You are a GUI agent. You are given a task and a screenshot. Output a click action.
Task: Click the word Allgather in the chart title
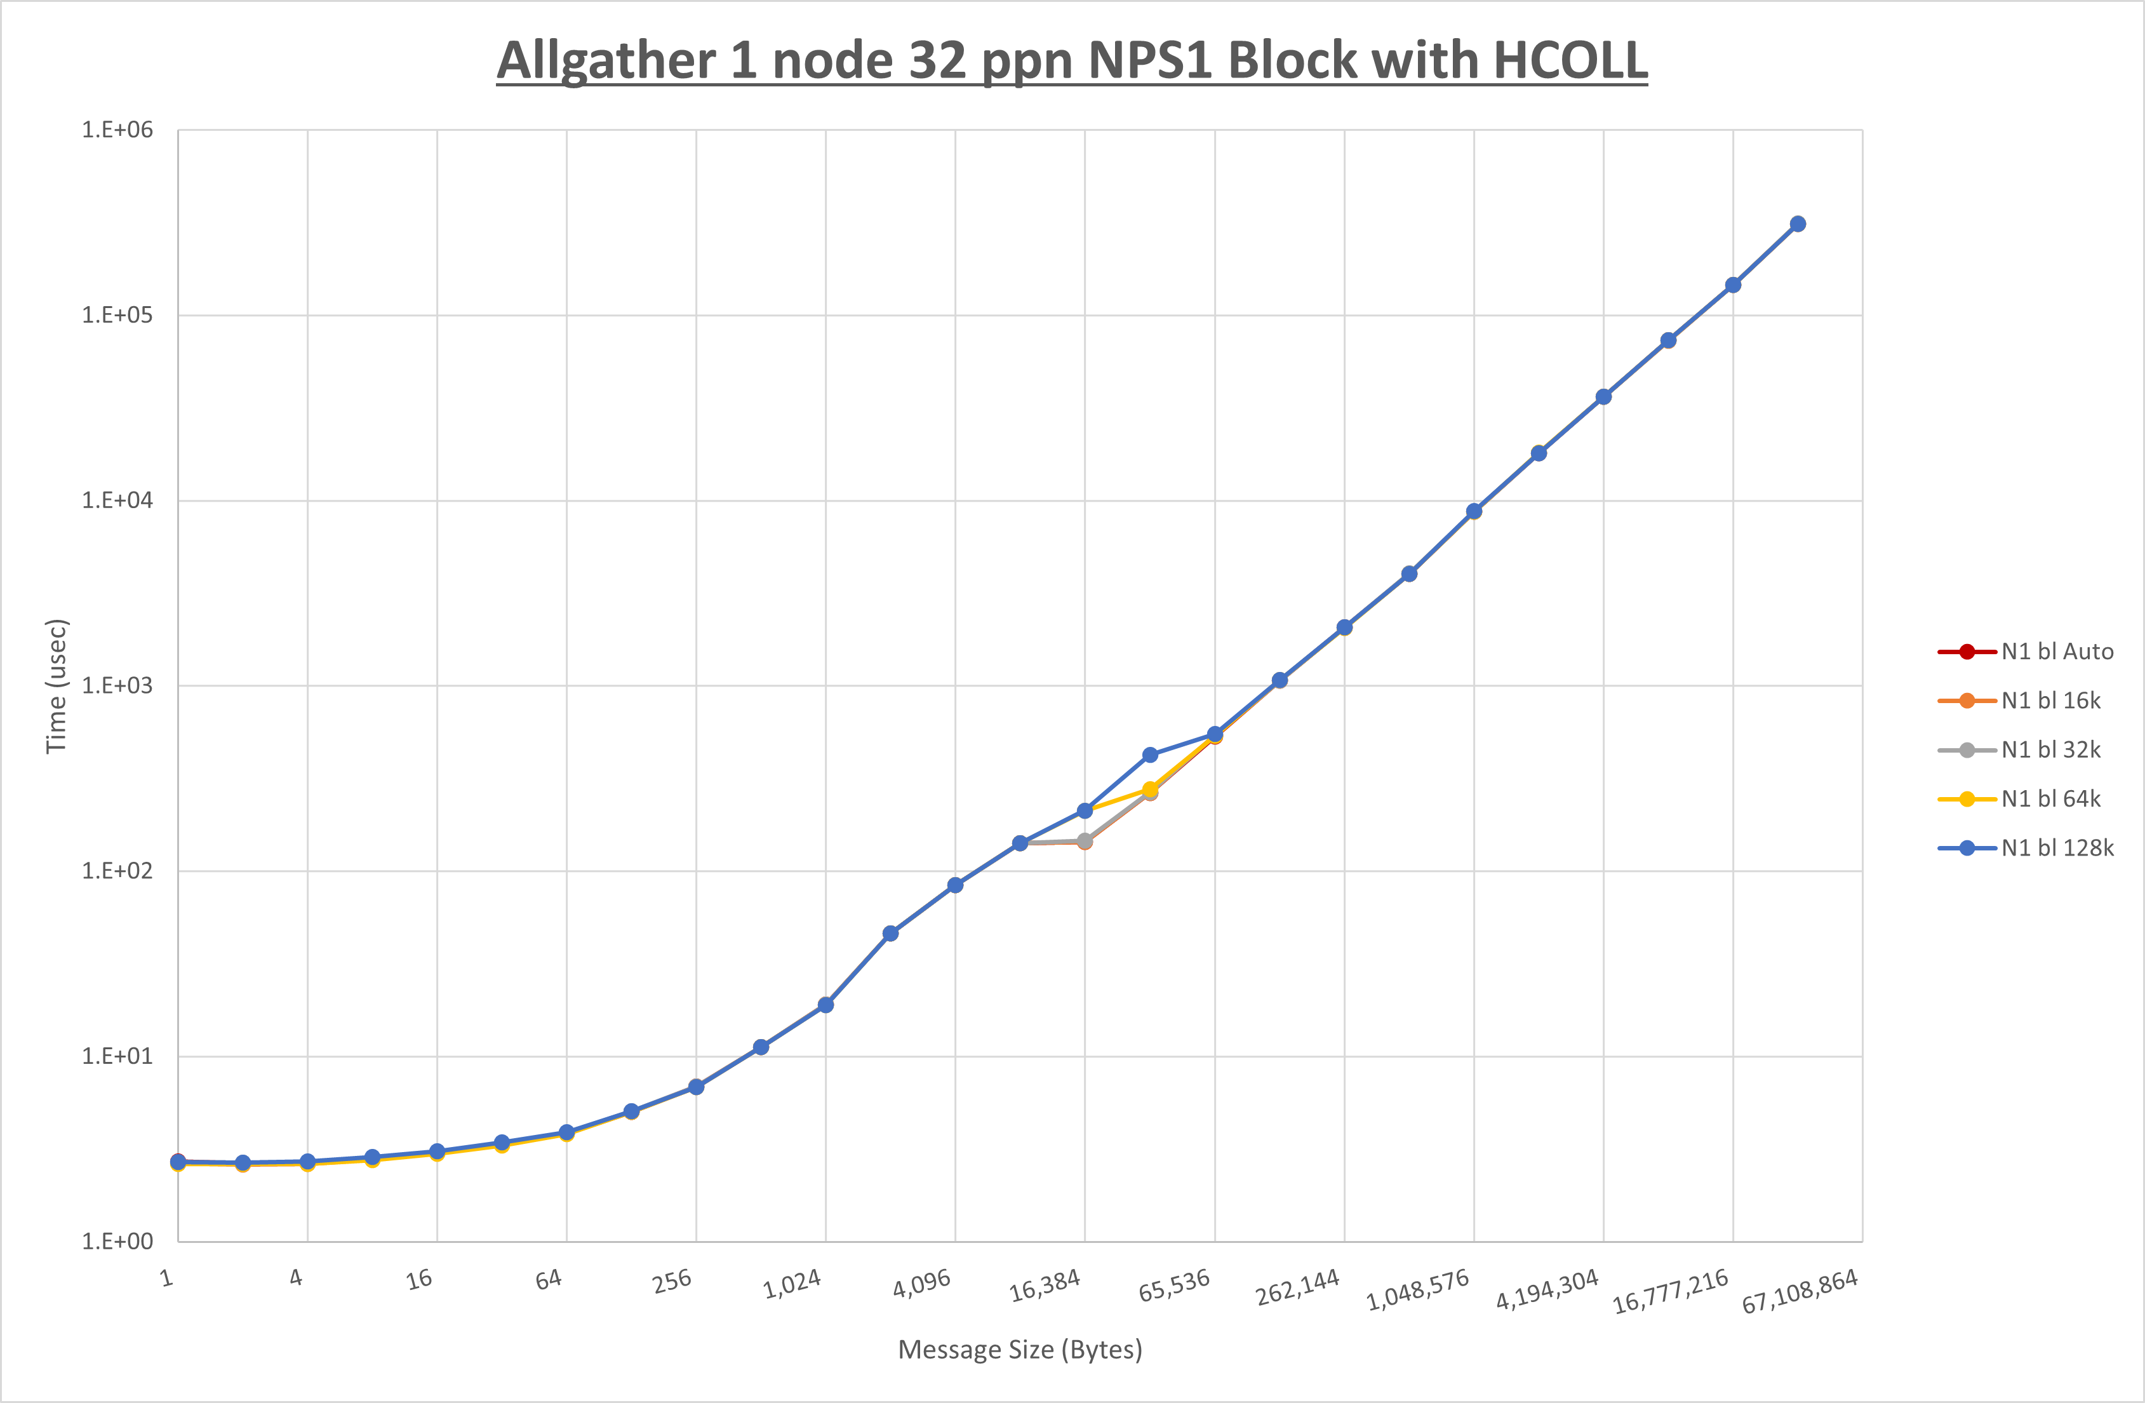pos(606,62)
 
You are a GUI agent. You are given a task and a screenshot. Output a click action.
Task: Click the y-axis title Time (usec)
pos(56,685)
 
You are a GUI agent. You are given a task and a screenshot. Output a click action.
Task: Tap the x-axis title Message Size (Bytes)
pos(1020,1350)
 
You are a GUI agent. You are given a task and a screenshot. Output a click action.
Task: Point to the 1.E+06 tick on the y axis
pos(117,130)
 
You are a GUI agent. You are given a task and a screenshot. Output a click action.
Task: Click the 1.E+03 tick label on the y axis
pos(117,685)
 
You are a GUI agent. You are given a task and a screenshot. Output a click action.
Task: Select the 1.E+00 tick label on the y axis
pos(117,1242)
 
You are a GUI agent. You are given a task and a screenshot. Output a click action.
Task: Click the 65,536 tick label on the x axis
pos(1174,1286)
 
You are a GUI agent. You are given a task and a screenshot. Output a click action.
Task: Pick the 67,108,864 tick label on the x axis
pos(1800,1291)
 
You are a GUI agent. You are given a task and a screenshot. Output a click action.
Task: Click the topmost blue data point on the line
pos(1797,224)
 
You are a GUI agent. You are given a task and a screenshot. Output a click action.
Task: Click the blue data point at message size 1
pos(178,1162)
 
